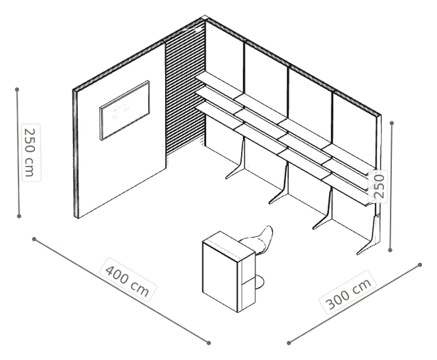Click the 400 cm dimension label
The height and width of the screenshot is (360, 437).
128,279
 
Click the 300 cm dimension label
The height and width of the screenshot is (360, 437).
348,292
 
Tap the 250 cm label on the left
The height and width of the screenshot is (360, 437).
31,152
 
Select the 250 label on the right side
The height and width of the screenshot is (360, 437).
378,186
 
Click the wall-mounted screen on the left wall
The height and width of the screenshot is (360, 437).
124,111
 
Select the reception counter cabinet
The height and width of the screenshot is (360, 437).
229,272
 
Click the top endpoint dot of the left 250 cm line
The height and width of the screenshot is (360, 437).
17,89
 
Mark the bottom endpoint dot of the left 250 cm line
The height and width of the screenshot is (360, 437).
19,216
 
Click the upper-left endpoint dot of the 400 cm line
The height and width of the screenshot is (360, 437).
34,239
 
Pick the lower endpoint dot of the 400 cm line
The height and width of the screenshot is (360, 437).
209,343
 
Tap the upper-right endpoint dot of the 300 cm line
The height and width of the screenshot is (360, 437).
420,264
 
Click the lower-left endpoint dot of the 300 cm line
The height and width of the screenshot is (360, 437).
289,343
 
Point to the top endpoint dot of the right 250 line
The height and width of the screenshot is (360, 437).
392,123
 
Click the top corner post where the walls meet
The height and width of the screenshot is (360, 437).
205,18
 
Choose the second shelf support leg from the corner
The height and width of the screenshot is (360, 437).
279,184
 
